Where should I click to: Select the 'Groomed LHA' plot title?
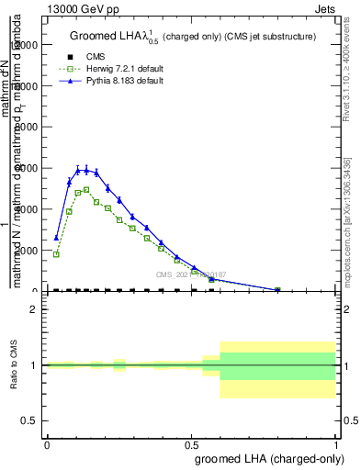(x=108, y=37)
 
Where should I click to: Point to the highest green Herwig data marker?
(x=86, y=190)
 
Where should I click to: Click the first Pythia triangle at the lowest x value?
(x=57, y=238)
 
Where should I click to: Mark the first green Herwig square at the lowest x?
(x=57, y=254)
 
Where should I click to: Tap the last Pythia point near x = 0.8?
(x=277, y=289)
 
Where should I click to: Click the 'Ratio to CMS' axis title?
(x=14, y=365)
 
